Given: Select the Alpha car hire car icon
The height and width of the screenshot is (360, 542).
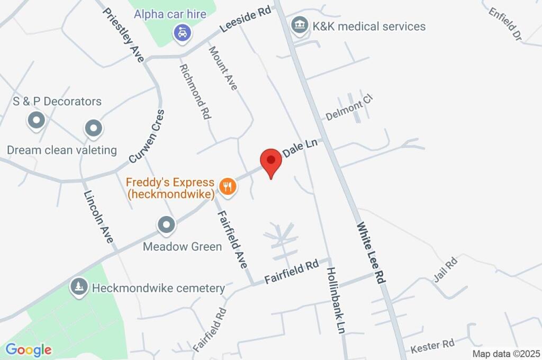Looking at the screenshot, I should pyautogui.click(x=182, y=33).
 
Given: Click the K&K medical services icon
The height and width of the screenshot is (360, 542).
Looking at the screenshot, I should pyautogui.click(x=300, y=25).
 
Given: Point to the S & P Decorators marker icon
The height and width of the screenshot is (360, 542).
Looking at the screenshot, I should pyautogui.click(x=37, y=120).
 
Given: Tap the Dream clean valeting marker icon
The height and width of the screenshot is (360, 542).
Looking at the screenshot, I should pyautogui.click(x=93, y=128).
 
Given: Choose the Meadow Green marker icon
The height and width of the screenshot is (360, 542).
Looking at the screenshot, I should pyautogui.click(x=167, y=224).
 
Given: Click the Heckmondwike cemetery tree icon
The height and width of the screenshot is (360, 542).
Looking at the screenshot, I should pyautogui.click(x=79, y=286).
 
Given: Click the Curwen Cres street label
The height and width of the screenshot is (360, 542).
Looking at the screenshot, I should pyautogui.click(x=147, y=136).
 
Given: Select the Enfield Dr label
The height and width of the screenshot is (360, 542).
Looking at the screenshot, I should pyautogui.click(x=505, y=23).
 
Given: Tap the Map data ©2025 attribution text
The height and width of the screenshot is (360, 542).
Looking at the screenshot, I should pyautogui.click(x=506, y=354).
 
